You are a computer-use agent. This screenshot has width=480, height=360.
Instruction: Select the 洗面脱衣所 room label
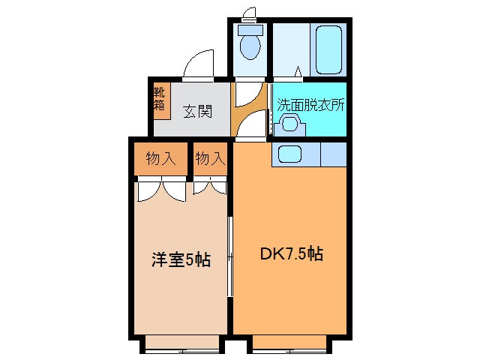coord(310,106)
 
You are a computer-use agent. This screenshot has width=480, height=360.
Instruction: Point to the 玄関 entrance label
coord(197,112)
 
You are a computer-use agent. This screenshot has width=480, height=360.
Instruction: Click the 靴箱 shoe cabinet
coord(160,100)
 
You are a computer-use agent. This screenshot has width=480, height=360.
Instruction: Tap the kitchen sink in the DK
coord(289,154)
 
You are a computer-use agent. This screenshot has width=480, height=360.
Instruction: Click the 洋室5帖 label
coord(180,260)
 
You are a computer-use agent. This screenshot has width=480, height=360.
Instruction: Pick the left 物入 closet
coord(160,159)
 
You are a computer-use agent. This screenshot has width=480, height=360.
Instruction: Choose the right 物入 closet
coord(210,159)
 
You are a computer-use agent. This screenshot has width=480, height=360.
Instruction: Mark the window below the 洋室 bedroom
coord(182,344)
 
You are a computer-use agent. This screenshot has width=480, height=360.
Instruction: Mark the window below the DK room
coord(290,344)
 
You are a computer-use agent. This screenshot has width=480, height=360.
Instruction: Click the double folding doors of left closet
coord(161,189)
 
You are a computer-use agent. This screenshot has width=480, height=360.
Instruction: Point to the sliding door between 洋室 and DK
coord(230,255)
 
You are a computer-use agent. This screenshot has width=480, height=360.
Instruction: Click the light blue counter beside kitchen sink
coord(333,154)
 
